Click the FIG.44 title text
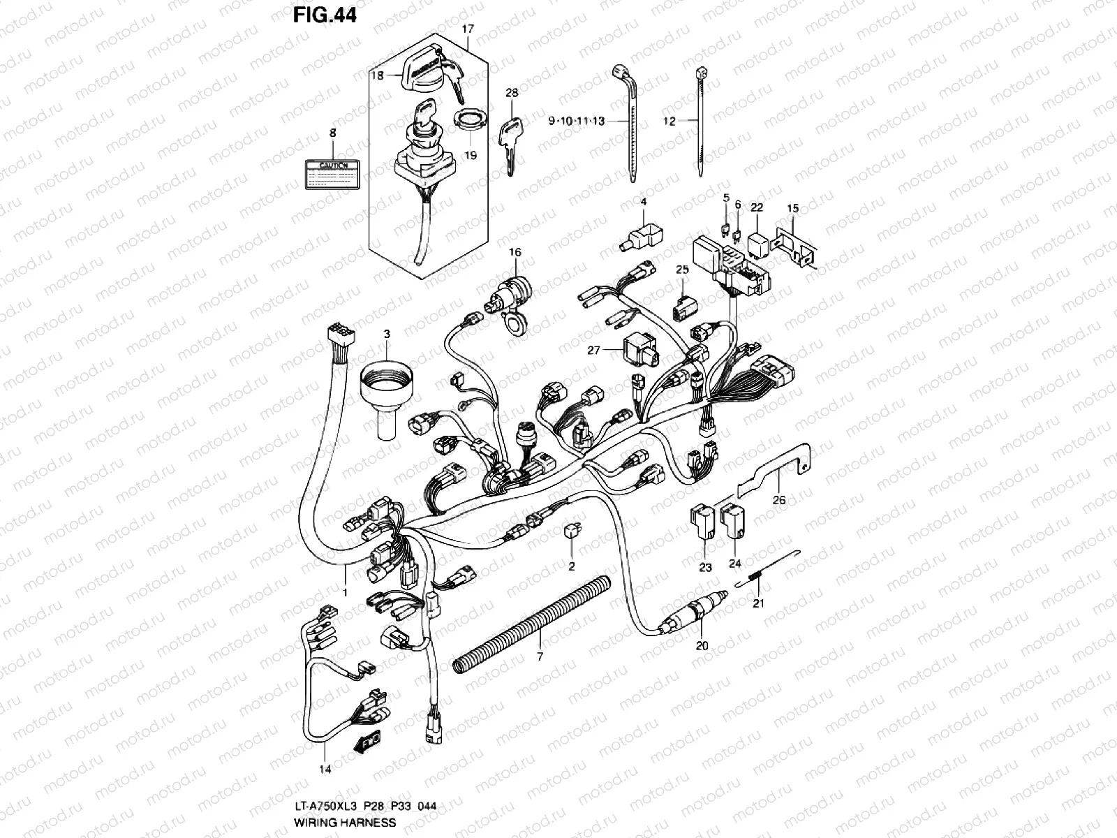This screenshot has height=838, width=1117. tap(325, 15)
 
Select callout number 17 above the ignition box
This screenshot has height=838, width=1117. tap(468, 29)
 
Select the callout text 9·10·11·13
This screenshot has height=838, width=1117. tap(596, 121)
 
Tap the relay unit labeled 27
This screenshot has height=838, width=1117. tap(633, 347)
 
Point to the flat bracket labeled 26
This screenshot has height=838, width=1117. tap(775, 469)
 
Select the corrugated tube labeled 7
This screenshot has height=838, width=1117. tap(531, 624)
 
